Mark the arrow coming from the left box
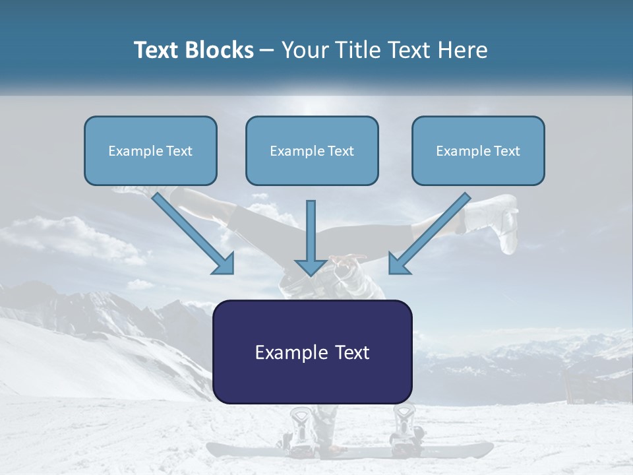(x=195, y=235)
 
